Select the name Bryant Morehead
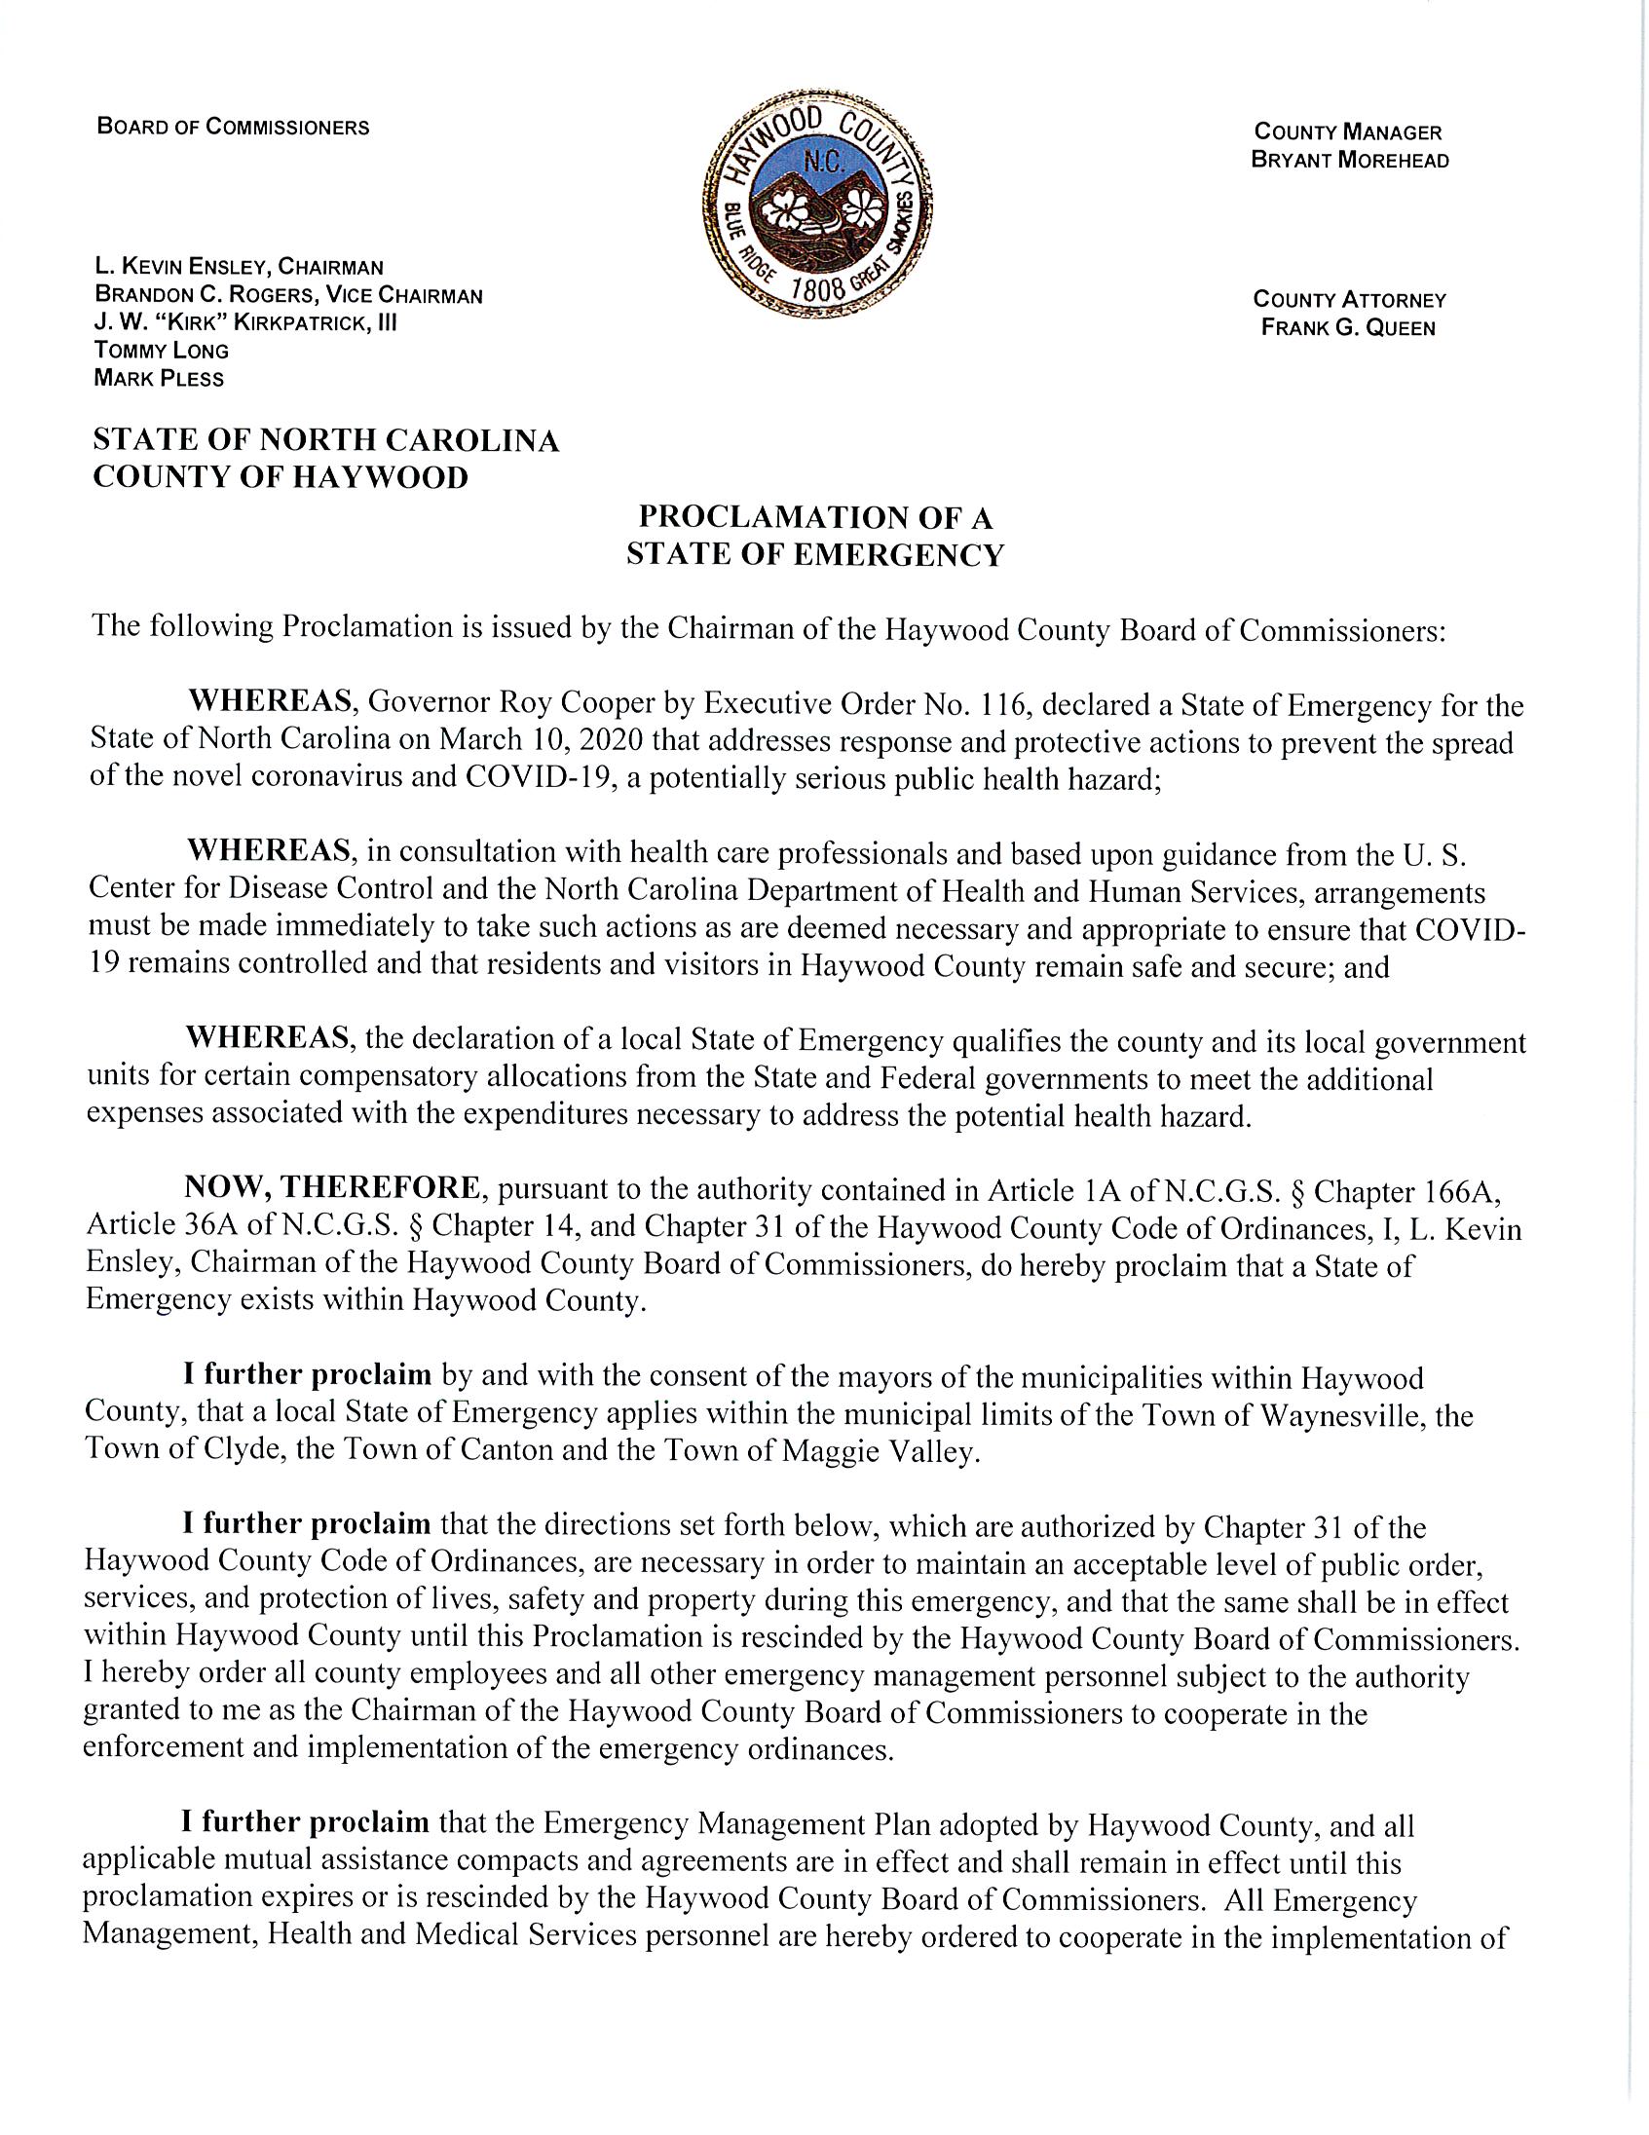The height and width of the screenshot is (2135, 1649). pyautogui.click(x=1349, y=161)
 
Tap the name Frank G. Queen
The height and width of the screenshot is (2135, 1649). pyautogui.click(x=1348, y=328)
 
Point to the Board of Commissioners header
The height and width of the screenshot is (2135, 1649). pyautogui.click(x=233, y=127)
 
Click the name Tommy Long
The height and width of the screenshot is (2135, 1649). pyautogui.click(x=162, y=351)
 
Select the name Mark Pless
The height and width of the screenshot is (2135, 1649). pyautogui.click(x=159, y=378)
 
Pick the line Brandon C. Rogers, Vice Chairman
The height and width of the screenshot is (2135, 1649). pyautogui.click(x=288, y=295)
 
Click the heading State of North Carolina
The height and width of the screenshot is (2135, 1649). pyautogui.click(x=325, y=441)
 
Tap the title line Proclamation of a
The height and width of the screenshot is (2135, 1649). pyautogui.click(x=815, y=517)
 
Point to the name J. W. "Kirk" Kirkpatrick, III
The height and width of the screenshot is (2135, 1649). pyautogui.click(x=245, y=322)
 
